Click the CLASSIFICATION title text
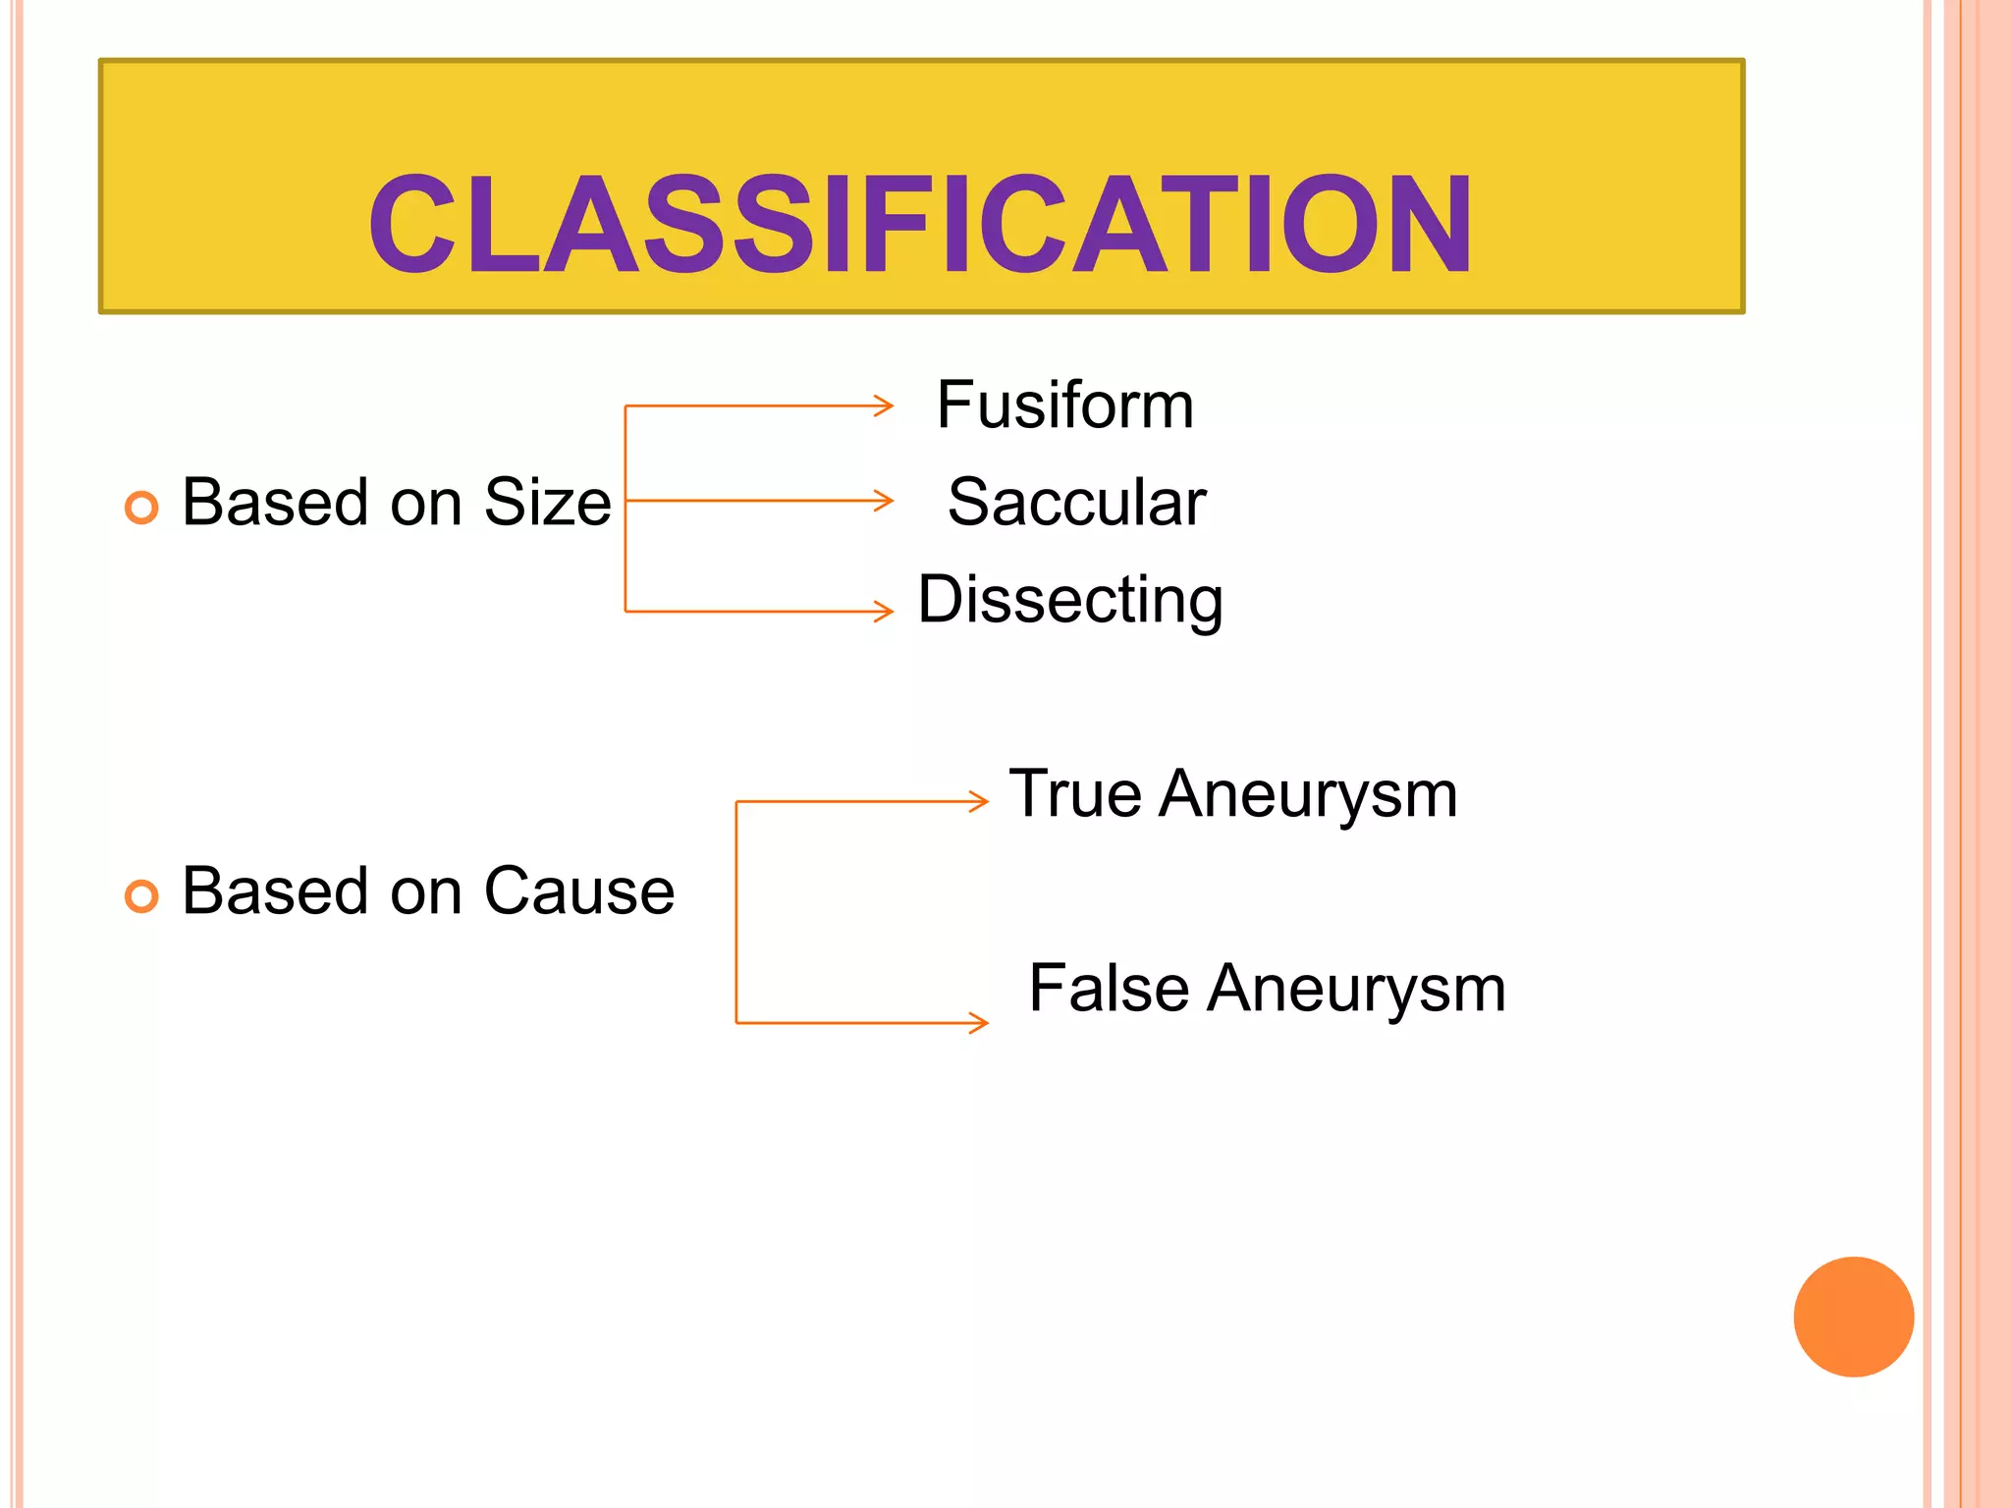pyautogui.click(x=920, y=224)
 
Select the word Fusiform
pyautogui.click(x=1065, y=404)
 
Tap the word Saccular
pyautogui.click(x=1076, y=502)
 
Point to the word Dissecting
pyautogui.click(x=1070, y=599)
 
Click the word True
pyautogui.click(x=1074, y=793)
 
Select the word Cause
pyautogui.click(x=578, y=891)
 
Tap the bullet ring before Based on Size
pyautogui.click(x=141, y=507)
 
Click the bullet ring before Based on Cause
pyautogui.click(x=141, y=895)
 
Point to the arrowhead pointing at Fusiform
pyautogui.click(x=885, y=405)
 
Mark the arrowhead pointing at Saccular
pyautogui.click(x=885, y=501)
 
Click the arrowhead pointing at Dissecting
pyautogui.click(x=885, y=612)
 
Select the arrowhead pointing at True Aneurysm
pyautogui.click(x=979, y=801)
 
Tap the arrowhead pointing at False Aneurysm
pyautogui.click(x=979, y=1023)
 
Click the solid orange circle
pyautogui.click(x=1853, y=1317)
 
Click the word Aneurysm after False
pyautogui.click(x=1356, y=988)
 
